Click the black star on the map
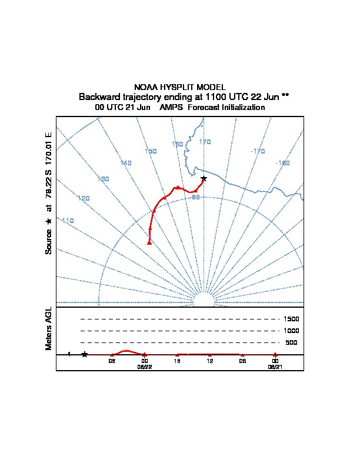click(x=204, y=178)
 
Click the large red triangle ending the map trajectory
click(x=149, y=242)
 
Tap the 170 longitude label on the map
click(x=205, y=142)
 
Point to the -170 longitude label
click(x=258, y=151)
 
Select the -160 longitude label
click(x=283, y=163)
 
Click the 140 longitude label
click(x=126, y=163)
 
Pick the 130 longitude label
click(x=104, y=179)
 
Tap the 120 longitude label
click(x=84, y=198)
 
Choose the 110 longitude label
click(x=68, y=221)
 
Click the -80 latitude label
click(x=196, y=197)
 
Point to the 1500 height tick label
click(x=291, y=319)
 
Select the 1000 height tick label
click(x=291, y=331)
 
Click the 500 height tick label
click(x=291, y=342)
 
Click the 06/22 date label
click(x=145, y=366)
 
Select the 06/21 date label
click(x=275, y=366)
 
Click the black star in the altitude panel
click(x=85, y=354)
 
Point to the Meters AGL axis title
click(x=49, y=328)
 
